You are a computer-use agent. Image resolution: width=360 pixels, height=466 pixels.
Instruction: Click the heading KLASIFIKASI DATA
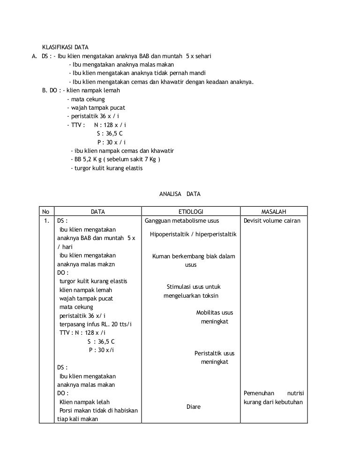65,48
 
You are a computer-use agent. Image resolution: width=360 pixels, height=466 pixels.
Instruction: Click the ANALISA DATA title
180,194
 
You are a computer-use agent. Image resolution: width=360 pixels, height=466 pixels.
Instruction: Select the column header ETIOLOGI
191,212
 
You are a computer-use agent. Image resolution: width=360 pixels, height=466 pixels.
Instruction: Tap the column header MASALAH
274,212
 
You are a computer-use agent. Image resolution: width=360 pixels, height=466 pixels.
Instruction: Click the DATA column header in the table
97,212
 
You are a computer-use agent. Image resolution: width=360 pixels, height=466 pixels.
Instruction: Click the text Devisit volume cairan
272,220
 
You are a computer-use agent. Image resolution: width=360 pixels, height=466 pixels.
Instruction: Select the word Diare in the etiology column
193,406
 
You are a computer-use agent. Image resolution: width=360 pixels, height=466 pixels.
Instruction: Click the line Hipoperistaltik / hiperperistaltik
193,234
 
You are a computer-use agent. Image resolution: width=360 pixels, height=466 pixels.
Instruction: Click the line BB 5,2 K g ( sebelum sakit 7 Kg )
115,159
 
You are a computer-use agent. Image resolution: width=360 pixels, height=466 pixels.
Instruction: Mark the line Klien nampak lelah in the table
84,402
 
